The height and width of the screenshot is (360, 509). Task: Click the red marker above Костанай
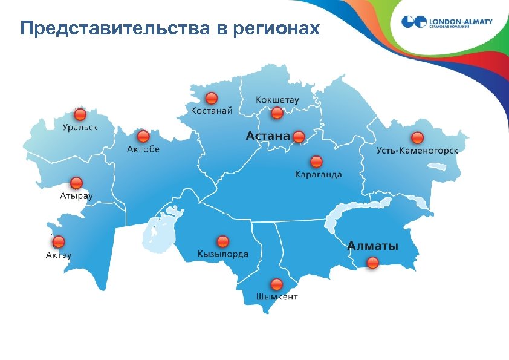(211, 99)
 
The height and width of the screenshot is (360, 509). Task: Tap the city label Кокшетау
(277, 99)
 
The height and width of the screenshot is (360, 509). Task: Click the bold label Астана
(267, 136)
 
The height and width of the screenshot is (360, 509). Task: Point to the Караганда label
(318, 175)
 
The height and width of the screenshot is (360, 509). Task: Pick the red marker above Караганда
(316, 162)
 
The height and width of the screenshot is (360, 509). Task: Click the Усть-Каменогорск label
(417, 150)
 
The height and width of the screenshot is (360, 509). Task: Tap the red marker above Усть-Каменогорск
(417, 137)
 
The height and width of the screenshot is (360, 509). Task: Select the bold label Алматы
(373, 246)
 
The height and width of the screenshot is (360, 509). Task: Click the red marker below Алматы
(373, 262)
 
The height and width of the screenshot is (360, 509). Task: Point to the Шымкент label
(277, 297)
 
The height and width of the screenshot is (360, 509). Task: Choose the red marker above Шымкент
(277, 284)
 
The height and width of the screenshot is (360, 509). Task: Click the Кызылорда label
(222, 254)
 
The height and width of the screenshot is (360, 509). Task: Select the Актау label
(59, 255)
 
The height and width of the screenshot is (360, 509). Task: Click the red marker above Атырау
(77, 183)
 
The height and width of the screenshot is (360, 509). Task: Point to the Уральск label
(80, 127)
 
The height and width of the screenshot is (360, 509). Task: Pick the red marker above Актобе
(143, 137)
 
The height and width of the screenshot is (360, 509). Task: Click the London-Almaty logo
(447, 23)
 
